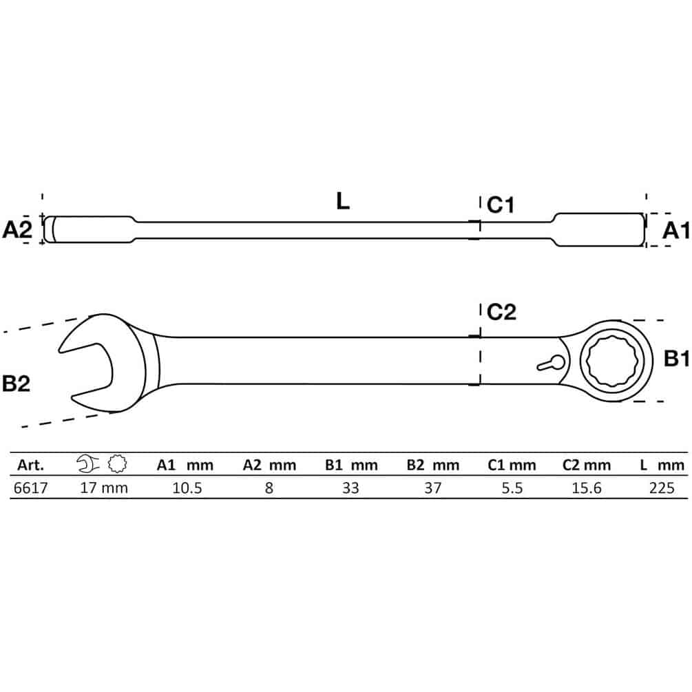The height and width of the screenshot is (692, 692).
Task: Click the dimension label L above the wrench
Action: tap(342, 201)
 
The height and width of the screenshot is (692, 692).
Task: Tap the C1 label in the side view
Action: tap(501, 205)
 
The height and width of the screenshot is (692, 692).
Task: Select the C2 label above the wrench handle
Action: tap(501, 312)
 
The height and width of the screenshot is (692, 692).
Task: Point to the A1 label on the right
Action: tap(675, 231)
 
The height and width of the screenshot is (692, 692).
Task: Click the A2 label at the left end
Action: tap(17, 230)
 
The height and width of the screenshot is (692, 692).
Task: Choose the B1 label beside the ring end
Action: tap(677, 359)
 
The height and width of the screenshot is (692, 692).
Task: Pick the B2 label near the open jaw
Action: tap(17, 384)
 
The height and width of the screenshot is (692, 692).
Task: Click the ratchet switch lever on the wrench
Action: tap(551, 363)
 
